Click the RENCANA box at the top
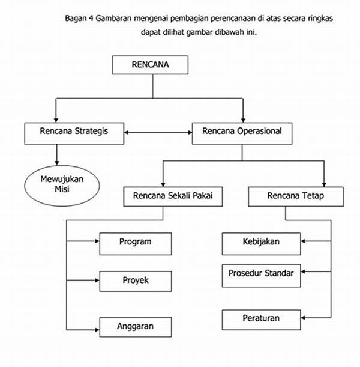coord(150,65)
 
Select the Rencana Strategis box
coord(74,133)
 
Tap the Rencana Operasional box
coord(242,133)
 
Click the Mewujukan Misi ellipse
coord(62,186)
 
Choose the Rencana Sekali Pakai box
coord(173,196)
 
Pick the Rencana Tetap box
coord(296,196)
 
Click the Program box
coord(136,244)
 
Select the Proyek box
coord(136,281)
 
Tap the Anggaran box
coord(136,327)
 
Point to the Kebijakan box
coord(262,244)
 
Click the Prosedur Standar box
coord(262,276)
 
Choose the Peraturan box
coord(262,320)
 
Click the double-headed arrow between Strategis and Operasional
coord(158,133)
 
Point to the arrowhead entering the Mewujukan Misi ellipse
coord(57,163)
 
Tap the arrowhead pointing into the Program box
coord(97,241)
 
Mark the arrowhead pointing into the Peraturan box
coord(303,318)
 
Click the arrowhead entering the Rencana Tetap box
coord(324,184)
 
